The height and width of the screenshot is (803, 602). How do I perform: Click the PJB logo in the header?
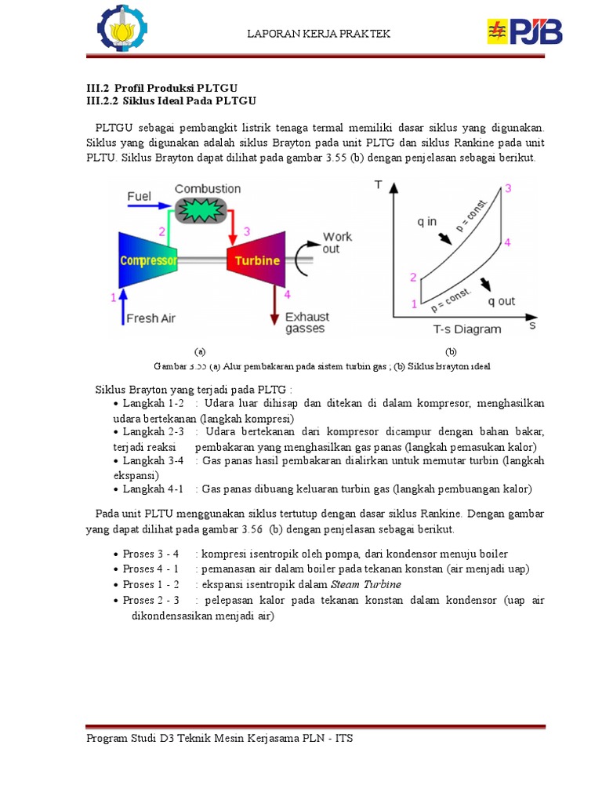[x=525, y=33]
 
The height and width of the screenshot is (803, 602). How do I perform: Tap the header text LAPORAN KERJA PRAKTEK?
[x=318, y=34]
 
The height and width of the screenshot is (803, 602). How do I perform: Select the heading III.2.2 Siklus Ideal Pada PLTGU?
[x=171, y=101]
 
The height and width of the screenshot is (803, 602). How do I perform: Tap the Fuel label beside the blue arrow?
[x=139, y=196]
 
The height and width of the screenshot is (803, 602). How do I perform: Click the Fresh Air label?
[x=150, y=318]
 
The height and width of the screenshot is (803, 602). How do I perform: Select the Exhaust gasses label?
[x=306, y=322]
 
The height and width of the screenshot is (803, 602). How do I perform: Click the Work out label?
[x=337, y=242]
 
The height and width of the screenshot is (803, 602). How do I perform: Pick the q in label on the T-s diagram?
[x=427, y=221]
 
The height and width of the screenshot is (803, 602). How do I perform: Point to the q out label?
[x=502, y=301]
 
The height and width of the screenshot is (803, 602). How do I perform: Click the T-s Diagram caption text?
[x=466, y=329]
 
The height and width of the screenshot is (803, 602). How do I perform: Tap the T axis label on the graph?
[x=379, y=185]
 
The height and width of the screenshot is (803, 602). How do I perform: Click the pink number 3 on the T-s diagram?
[x=508, y=188]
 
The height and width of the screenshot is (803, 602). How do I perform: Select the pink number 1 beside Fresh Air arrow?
[x=114, y=297]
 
